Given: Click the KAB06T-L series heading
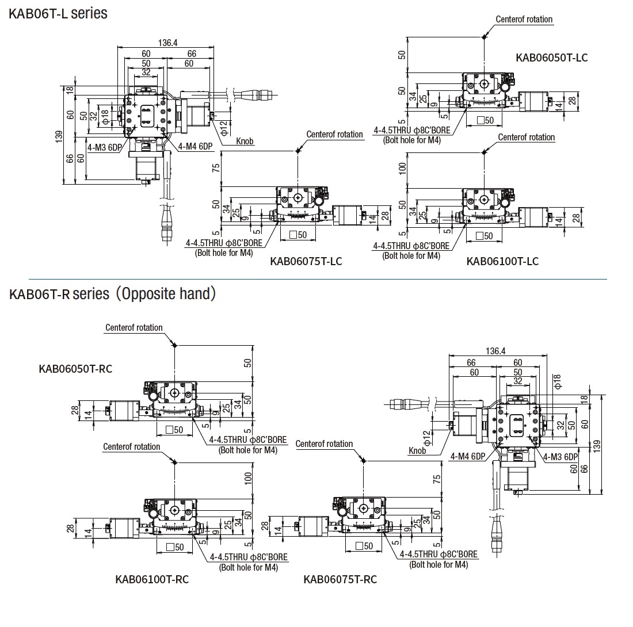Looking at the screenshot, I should click(x=58, y=13).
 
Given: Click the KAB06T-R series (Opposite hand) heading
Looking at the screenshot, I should click(x=113, y=294).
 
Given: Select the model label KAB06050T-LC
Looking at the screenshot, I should click(x=552, y=57).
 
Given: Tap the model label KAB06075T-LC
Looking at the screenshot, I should click(x=306, y=261).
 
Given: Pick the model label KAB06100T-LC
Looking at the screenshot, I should click(x=502, y=261).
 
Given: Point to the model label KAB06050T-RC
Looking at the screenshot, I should click(x=75, y=369).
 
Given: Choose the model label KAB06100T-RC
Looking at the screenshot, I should click(x=152, y=579).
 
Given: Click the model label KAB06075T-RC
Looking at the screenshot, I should click(x=340, y=579).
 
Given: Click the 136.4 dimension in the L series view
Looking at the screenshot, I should click(x=167, y=42).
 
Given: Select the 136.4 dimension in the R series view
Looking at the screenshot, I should click(x=495, y=351).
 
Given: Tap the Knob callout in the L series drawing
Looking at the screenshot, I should click(x=245, y=141).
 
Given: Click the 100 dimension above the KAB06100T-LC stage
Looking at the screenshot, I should click(x=403, y=168).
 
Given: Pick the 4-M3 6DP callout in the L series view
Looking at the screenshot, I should click(x=104, y=147).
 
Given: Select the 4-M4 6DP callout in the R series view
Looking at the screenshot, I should click(x=467, y=457).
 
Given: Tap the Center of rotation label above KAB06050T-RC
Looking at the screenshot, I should click(x=134, y=328).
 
